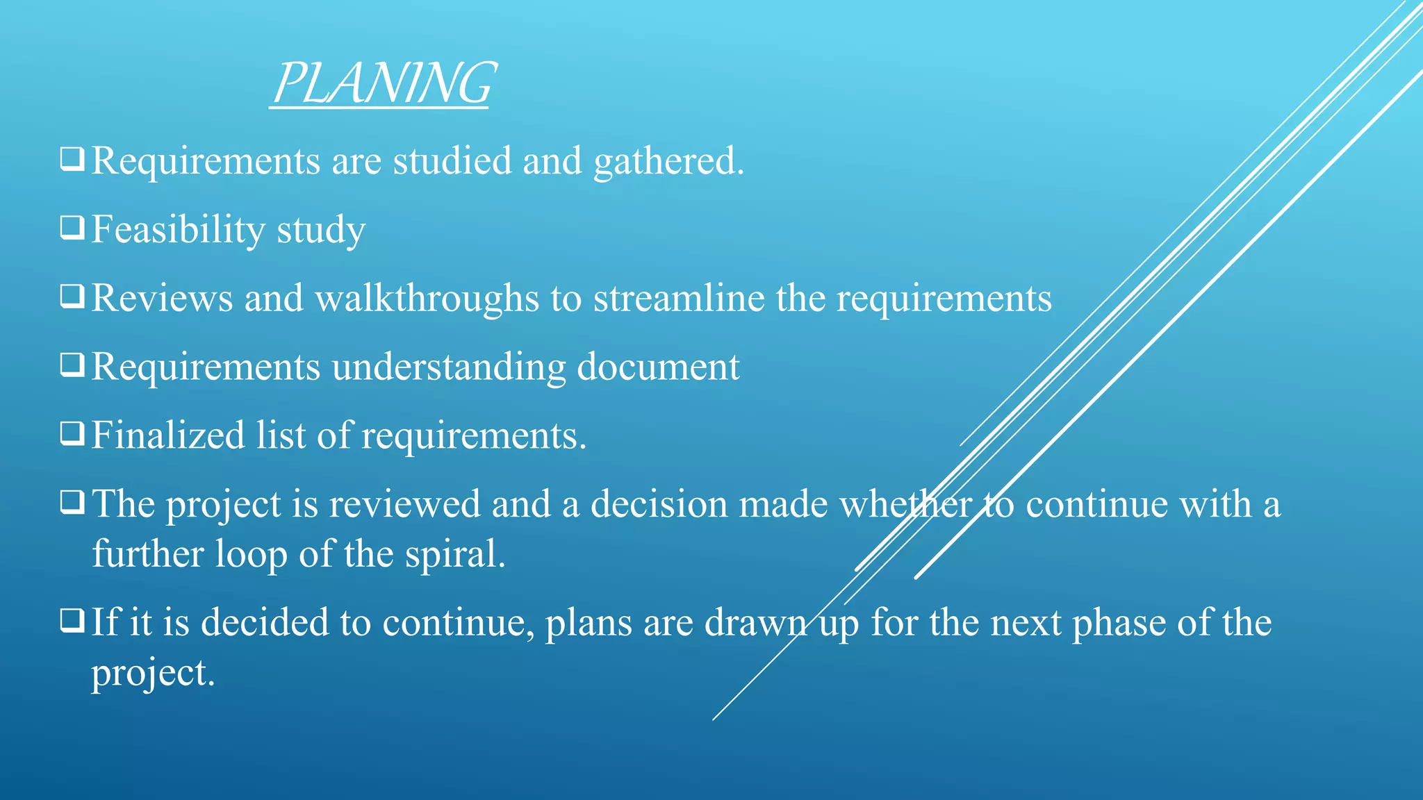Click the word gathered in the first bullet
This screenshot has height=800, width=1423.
[668, 162]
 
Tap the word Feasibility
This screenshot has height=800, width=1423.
[178, 230]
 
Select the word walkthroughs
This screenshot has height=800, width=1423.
[427, 299]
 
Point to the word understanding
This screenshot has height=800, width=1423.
[448, 367]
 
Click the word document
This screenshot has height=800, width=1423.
[658, 367]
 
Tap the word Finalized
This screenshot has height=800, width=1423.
[167, 435]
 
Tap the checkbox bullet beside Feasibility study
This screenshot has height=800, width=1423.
[72, 227]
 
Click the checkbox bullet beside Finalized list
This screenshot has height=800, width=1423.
[72, 433]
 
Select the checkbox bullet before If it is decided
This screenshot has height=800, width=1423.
[72, 620]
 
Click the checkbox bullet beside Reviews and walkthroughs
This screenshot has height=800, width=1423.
[72, 296]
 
